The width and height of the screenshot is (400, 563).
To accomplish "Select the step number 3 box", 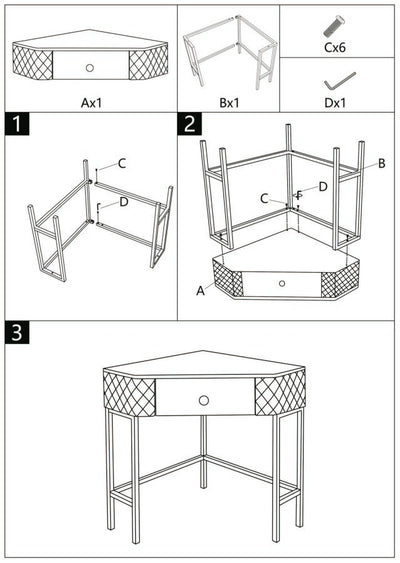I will (16, 333).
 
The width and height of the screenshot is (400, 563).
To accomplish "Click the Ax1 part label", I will (91, 102).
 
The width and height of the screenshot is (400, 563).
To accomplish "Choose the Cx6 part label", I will (336, 45).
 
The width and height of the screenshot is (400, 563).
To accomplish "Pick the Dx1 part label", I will (336, 102).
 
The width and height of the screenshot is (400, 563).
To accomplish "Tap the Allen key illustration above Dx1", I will (337, 78).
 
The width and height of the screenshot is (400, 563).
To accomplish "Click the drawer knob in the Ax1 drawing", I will (90, 67).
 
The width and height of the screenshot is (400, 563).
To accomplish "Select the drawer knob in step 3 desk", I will (205, 399).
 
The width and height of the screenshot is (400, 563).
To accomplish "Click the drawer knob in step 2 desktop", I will (283, 283).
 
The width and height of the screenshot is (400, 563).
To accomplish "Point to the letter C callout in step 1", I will (122, 163).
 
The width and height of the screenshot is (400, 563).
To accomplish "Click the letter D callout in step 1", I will (123, 202).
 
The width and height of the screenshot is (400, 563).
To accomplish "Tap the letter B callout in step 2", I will (381, 163).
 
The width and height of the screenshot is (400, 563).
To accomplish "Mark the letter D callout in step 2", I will (322, 186).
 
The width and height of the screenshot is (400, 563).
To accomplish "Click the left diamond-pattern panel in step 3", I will (129, 394).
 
